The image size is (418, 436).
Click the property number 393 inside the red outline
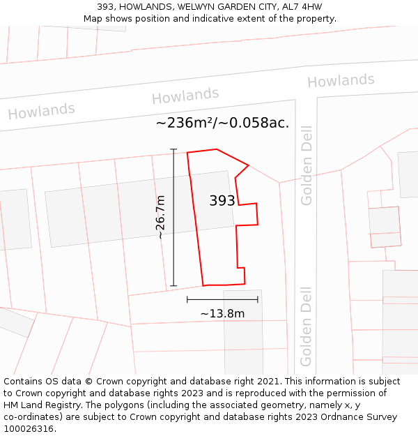pos(222,201)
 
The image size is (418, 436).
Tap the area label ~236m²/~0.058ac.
pos(222,123)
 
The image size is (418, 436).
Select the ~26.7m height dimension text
pos(160,217)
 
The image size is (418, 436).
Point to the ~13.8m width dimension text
pos(222,313)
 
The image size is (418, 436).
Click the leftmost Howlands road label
pos(41,111)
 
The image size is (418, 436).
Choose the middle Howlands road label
pos(185,96)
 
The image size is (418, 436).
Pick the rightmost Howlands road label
pos(341,81)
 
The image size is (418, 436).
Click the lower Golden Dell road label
pos(307,326)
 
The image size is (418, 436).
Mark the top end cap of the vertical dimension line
pos(173,149)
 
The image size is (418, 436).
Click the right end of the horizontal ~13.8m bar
pos(258,299)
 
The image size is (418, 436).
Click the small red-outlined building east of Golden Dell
pos(385,227)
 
